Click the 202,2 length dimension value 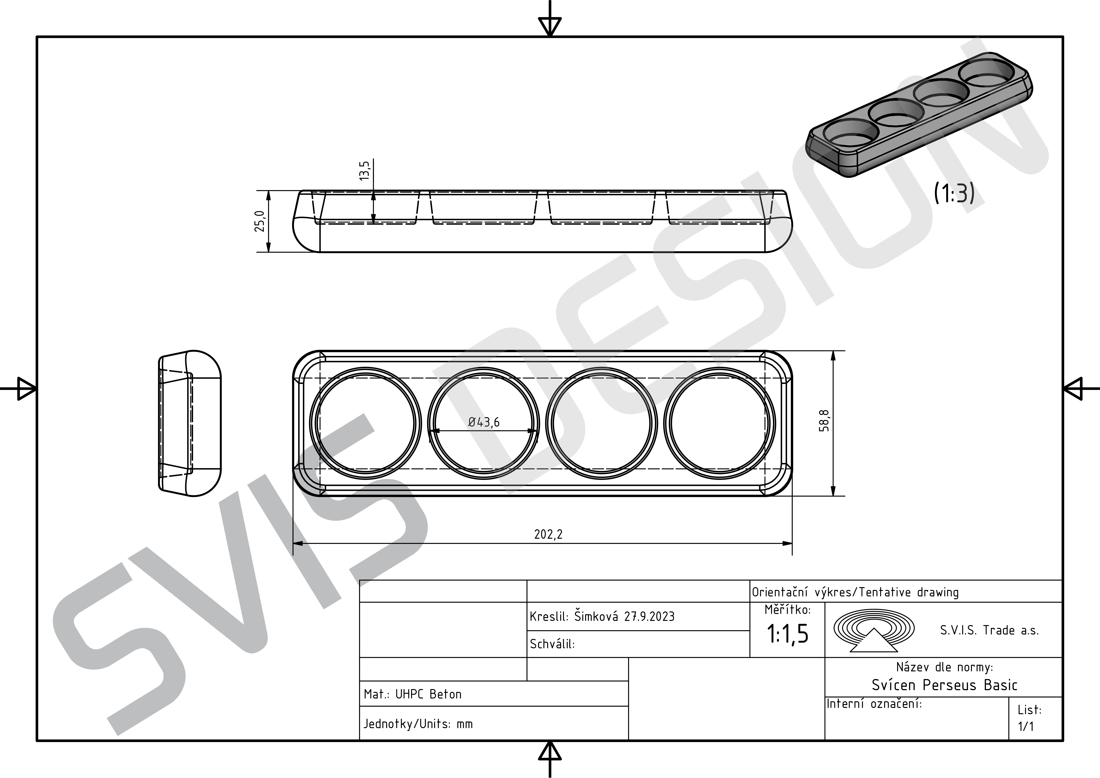(548, 534)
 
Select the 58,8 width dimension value (824, 421)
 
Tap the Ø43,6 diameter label (484, 422)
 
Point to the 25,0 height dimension (259, 221)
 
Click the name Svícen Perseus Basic (944, 685)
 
